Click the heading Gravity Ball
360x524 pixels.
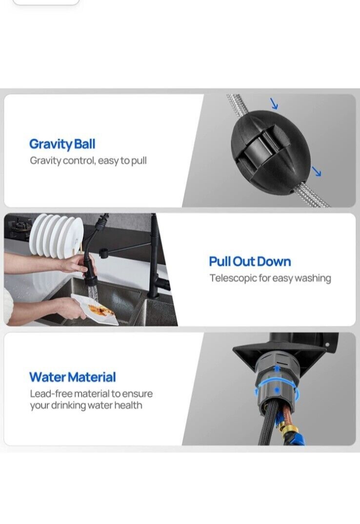pyautogui.click(x=62, y=144)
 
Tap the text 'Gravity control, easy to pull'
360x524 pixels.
pyautogui.click(x=88, y=161)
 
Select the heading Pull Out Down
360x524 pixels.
pyautogui.click(x=250, y=262)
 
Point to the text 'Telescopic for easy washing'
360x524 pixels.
pyautogui.click(x=270, y=278)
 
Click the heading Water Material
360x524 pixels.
pyautogui.click(x=73, y=377)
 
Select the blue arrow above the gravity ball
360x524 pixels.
pyautogui.click(x=274, y=103)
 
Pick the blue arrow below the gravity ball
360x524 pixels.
pyautogui.click(x=316, y=171)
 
